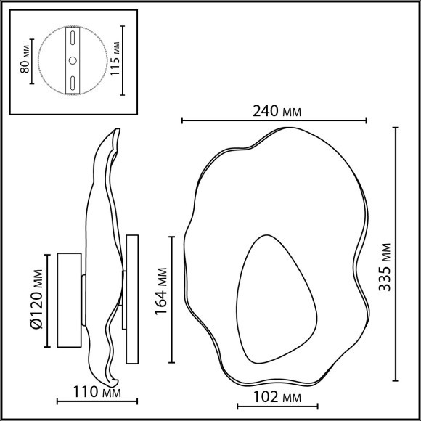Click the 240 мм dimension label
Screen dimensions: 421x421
(x=277, y=111)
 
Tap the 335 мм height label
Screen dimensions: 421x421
(x=385, y=267)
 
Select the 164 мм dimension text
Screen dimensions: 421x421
(x=161, y=291)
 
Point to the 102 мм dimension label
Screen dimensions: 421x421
(x=277, y=397)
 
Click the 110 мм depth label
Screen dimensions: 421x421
(x=97, y=392)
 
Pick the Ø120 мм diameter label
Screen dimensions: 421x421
(x=37, y=299)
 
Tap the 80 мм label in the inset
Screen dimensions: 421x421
(x=25, y=59)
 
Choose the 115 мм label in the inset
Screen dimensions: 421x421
(x=115, y=59)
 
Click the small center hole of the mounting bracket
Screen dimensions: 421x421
(x=73, y=61)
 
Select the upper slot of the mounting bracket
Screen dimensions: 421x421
(x=73, y=38)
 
